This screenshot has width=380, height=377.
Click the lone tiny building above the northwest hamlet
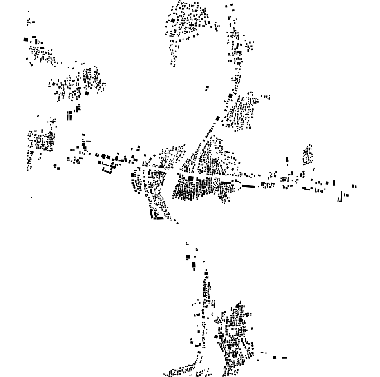click(28, 11)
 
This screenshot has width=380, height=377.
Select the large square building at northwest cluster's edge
click(26, 40)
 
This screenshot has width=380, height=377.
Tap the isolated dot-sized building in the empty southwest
click(31, 197)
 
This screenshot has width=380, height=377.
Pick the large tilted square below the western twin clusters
click(87, 93)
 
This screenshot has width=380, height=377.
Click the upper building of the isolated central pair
click(207, 87)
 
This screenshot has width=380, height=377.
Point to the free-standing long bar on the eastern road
click(248, 186)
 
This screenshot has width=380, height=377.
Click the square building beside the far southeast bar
click(275, 357)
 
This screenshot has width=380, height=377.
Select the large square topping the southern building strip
click(188, 257)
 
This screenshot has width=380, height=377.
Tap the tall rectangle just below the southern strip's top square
click(194, 265)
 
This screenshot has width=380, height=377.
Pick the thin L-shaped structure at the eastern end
click(339, 198)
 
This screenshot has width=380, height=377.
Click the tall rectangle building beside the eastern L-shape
click(334, 183)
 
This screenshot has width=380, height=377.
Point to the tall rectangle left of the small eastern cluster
click(287, 160)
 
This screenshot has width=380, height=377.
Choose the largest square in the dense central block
click(191, 178)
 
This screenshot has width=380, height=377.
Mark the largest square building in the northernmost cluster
click(173, 20)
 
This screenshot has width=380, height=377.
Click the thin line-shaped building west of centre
click(88, 141)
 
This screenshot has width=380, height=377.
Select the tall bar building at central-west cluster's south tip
click(152, 213)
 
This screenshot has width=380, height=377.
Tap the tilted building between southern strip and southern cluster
click(216, 337)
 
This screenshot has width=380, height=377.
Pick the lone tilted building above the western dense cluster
click(38, 116)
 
